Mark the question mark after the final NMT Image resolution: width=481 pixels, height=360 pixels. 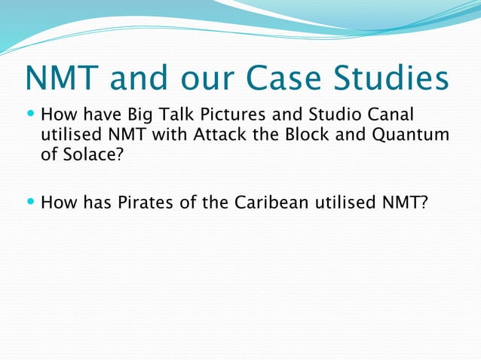(422, 203)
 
